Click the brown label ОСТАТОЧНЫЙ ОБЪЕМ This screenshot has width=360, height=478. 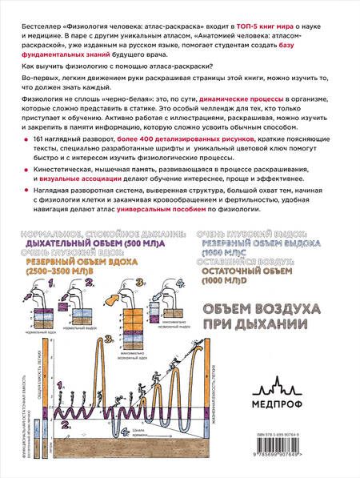click(x=248, y=271)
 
